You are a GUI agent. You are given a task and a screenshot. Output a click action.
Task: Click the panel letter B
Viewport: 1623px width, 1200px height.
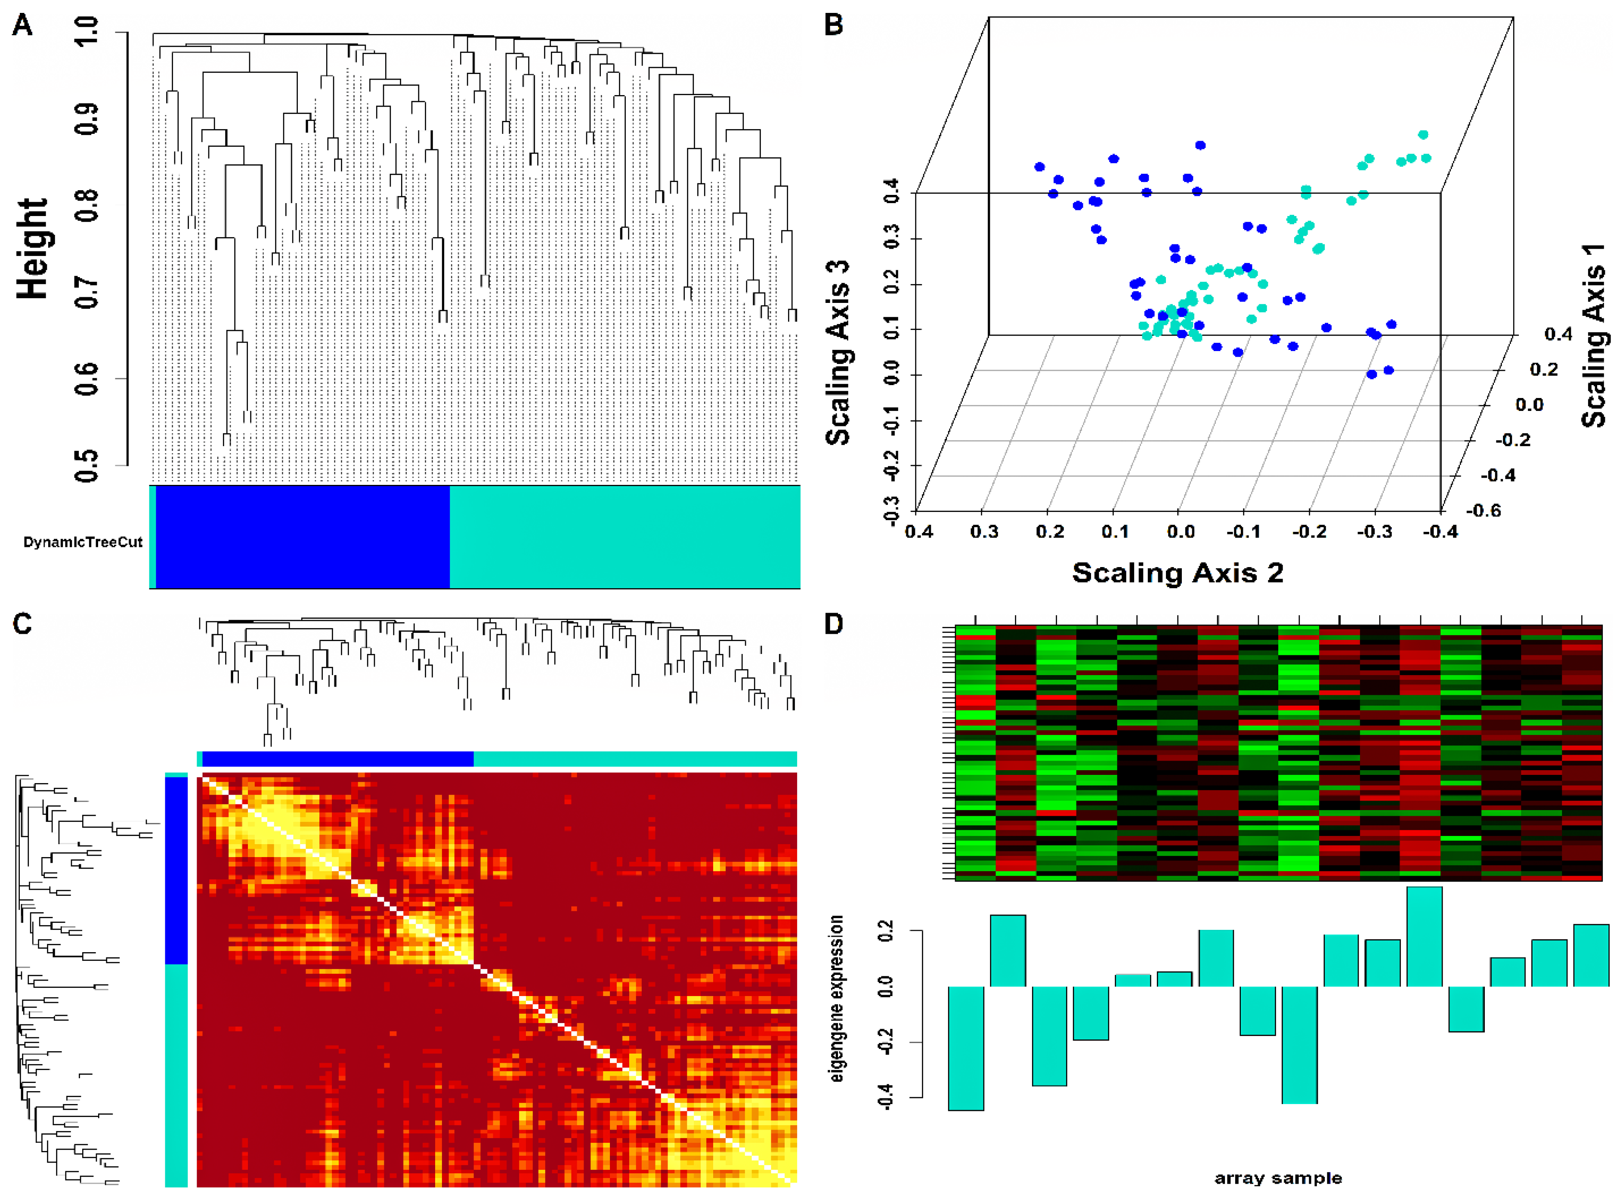coord(833,25)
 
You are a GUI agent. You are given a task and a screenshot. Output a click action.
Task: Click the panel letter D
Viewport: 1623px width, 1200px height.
coord(833,624)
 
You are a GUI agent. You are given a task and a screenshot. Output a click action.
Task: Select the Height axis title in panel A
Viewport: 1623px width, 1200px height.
coord(33,249)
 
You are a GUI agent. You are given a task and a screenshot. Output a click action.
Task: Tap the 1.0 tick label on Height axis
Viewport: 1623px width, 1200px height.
coord(87,33)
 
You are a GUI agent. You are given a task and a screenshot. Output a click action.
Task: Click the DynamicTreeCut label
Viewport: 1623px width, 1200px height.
coord(83,542)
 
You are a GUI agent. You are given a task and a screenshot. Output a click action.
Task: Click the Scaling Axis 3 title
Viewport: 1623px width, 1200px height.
coord(838,352)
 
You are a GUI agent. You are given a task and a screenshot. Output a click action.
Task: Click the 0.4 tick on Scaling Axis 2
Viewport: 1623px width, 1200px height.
coord(918,532)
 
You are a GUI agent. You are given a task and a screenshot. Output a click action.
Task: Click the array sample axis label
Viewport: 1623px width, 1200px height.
coord(1278,1178)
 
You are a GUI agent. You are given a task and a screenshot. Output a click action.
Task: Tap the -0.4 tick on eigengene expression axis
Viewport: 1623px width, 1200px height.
coord(885,1096)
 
